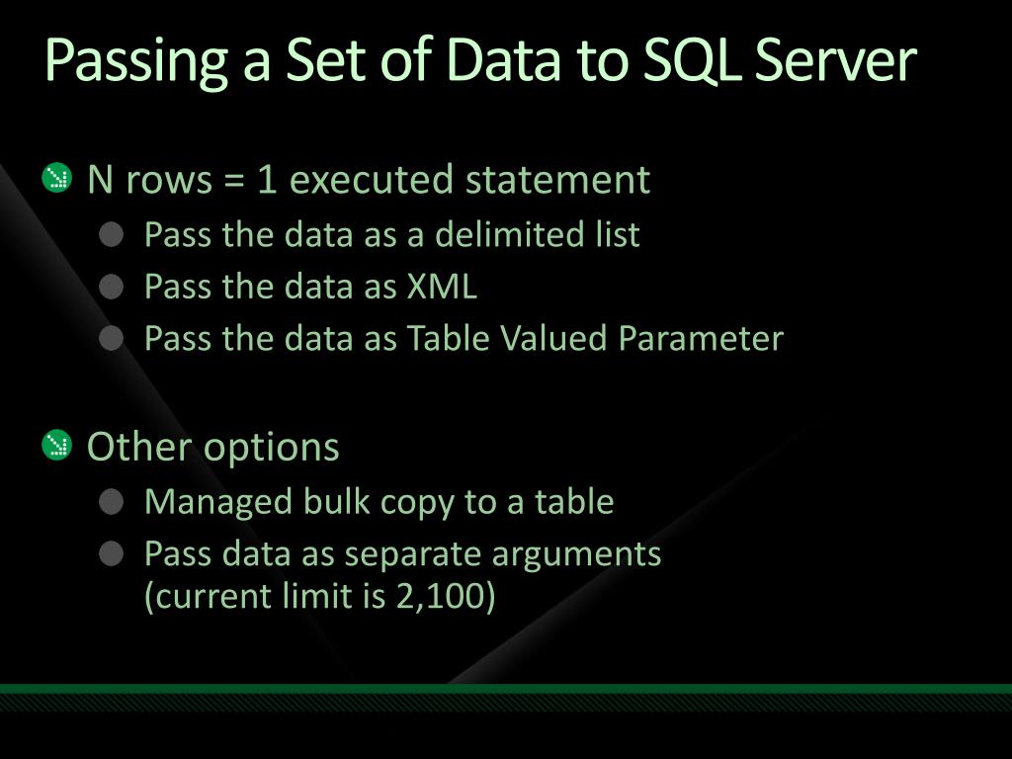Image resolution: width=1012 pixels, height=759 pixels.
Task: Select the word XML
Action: [442, 287]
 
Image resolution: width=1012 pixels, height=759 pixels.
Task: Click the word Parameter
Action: [701, 339]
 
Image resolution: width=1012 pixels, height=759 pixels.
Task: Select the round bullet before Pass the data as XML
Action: [113, 287]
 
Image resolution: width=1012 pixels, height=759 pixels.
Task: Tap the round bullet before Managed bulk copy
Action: [113, 502]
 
